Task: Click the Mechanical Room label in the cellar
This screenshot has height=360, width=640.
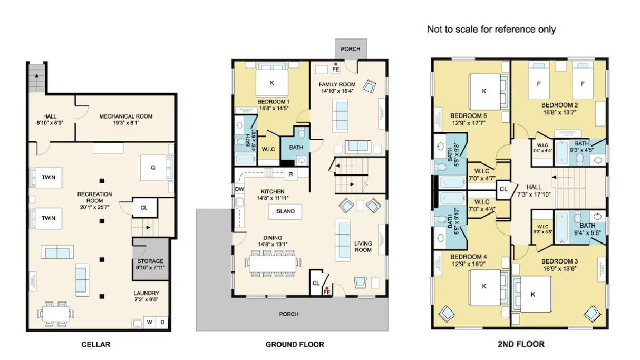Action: coord(125,120)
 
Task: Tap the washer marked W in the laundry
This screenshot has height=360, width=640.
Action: coord(149,322)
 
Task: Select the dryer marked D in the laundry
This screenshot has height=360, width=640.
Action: coord(162,322)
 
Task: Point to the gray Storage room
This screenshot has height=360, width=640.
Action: coord(151,259)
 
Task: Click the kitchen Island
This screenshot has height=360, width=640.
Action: coord(285,211)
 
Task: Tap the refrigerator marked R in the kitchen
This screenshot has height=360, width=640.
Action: coord(290,174)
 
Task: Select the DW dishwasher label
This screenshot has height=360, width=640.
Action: coord(239,189)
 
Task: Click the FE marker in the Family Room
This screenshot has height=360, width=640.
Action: coord(336,67)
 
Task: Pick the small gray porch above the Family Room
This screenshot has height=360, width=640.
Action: coord(351,49)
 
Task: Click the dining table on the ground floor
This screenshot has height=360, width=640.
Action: coord(273,264)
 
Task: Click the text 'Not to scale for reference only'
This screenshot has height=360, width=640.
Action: coord(491,30)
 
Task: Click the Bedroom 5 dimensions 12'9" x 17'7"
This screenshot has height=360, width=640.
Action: coord(469,123)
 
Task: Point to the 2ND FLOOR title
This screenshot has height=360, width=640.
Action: coord(521,344)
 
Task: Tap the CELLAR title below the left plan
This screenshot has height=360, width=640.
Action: coord(96,344)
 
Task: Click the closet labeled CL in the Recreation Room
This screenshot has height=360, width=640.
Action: coord(144,208)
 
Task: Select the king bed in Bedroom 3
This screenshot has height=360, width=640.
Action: coord(532,295)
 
